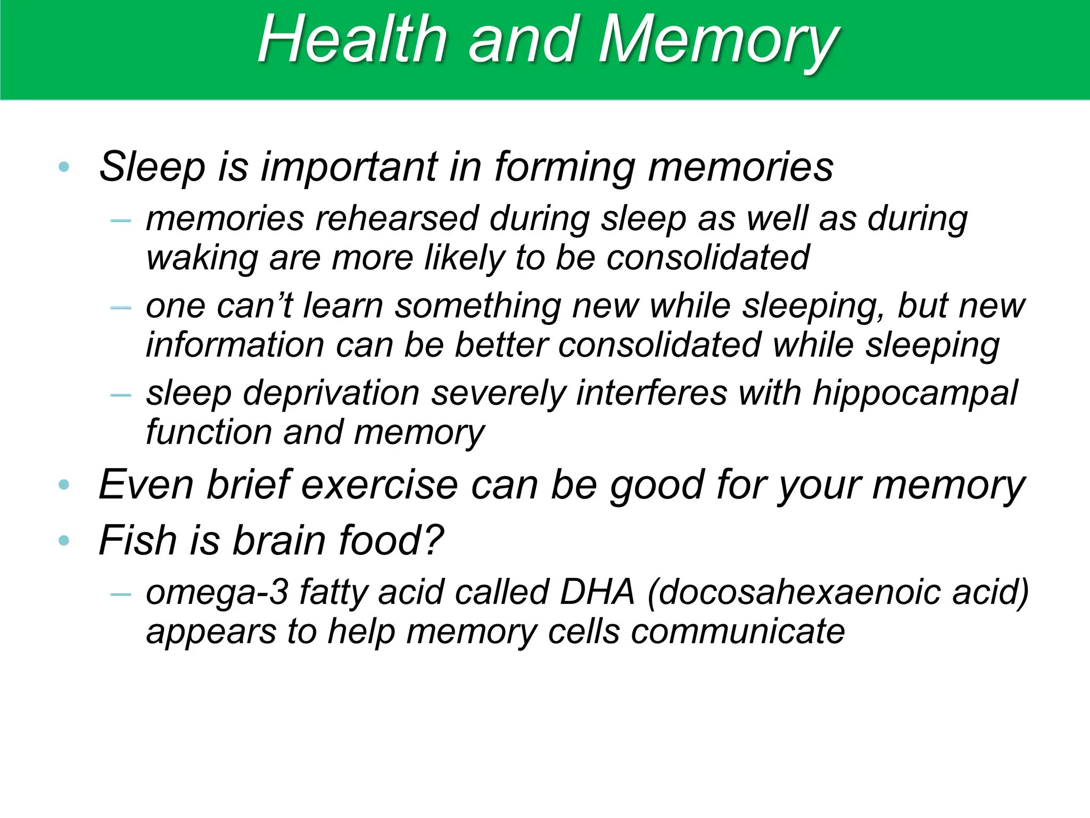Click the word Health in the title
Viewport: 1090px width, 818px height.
[x=352, y=40]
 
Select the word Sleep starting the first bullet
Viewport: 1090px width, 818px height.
[x=152, y=167]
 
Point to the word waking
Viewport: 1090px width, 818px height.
[x=202, y=259]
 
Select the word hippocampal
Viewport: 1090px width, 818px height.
[x=915, y=395]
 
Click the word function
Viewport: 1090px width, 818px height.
[x=209, y=432]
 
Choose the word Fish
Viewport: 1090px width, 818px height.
[x=138, y=541]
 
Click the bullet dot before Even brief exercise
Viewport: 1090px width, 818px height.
[x=64, y=485]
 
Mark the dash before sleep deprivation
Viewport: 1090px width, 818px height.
[x=121, y=395]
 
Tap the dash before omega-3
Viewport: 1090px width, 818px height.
[x=121, y=593]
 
